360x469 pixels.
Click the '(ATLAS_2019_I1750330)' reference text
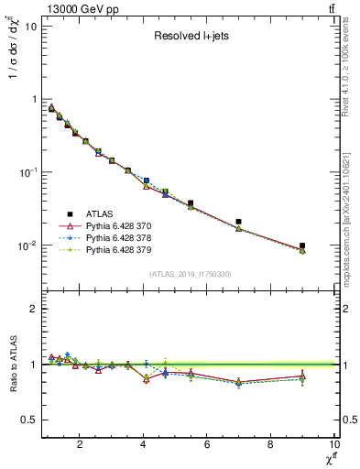[x=191, y=273]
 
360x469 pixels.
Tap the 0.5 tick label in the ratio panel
[x=27, y=420]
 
